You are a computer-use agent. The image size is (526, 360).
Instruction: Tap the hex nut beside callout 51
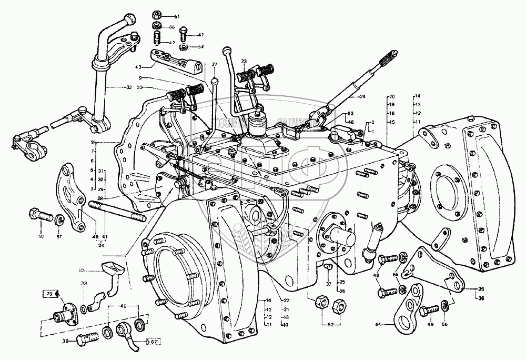coord(157,15)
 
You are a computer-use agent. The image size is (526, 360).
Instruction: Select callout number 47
coord(200,35)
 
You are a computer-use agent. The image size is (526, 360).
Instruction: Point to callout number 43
coord(138,68)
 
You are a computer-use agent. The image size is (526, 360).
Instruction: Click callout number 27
coord(215,64)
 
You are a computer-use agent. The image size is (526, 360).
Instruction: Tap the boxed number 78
coord(48,293)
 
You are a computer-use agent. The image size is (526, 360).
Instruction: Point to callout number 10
coord(81,271)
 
